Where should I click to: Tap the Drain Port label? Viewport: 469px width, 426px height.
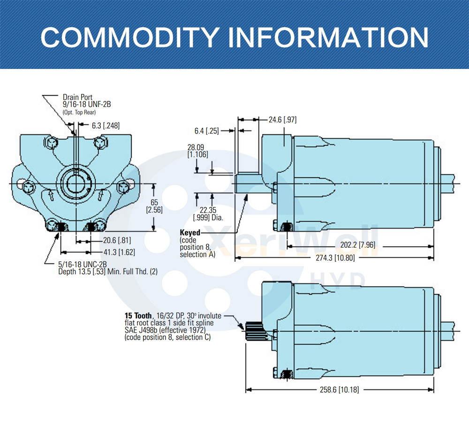[78, 98]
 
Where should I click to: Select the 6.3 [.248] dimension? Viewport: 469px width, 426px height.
[105, 125]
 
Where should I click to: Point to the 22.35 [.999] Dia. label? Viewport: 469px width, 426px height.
[208, 214]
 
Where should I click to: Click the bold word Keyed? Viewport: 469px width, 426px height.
[190, 232]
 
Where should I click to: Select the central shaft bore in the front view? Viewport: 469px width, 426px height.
[75, 183]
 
